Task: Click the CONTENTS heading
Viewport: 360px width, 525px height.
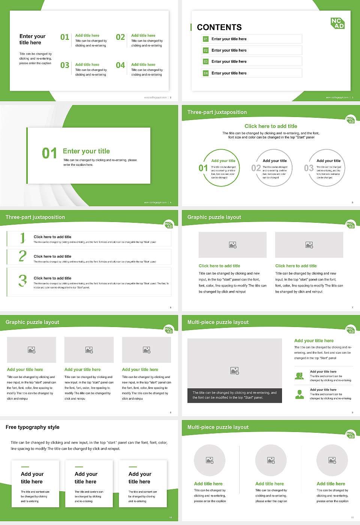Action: (x=219, y=27)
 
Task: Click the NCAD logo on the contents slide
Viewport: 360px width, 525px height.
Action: (x=337, y=23)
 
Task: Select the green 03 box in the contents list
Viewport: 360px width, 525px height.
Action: (x=205, y=61)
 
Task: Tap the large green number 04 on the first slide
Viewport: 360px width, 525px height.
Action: (x=120, y=66)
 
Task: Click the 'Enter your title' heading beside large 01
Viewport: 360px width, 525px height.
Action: (x=86, y=151)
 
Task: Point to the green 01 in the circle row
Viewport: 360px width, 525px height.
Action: (x=203, y=168)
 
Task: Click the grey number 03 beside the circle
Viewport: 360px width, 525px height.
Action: (x=309, y=168)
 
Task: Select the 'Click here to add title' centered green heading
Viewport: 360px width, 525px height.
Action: (x=271, y=126)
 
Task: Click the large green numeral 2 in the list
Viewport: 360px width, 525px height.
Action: (x=22, y=256)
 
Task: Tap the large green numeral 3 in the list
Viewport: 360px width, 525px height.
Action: (x=23, y=280)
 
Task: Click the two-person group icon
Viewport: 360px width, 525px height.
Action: (x=299, y=376)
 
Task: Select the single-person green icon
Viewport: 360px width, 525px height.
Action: (x=299, y=394)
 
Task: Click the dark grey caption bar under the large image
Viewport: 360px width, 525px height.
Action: (x=234, y=395)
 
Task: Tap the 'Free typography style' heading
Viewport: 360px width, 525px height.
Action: (x=33, y=427)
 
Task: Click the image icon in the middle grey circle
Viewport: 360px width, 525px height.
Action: (x=271, y=460)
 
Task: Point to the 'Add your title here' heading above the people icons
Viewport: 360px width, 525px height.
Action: (x=314, y=341)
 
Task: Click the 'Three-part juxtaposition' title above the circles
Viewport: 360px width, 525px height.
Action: (x=217, y=112)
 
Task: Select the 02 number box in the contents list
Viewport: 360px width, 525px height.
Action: (x=205, y=50)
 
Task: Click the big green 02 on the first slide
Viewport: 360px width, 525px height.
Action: (x=120, y=37)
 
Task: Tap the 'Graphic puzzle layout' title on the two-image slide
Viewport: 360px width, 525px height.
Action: (x=214, y=217)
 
